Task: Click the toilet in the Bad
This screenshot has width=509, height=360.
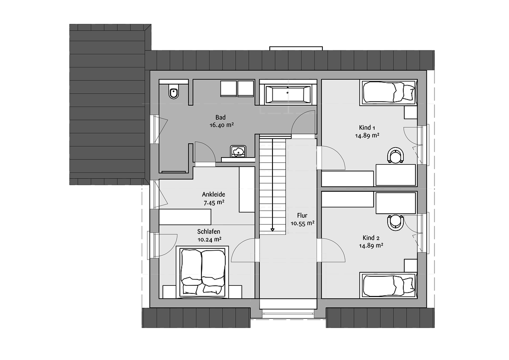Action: point(174,91)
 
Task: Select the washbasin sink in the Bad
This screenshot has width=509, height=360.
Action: point(238,151)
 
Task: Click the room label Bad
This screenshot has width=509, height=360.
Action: point(220,117)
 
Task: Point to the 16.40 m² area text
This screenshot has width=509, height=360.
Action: point(222,125)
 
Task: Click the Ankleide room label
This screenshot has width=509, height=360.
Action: point(214,194)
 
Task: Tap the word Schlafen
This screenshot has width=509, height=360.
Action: point(209,232)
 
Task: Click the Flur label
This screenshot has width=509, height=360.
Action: point(302,216)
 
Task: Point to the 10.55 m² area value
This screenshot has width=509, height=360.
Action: point(302,223)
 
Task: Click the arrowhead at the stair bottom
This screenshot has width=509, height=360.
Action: point(272,229)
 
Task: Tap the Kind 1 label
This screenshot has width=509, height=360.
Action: point(367,128)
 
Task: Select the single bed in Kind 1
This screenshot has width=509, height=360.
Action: point(388,92)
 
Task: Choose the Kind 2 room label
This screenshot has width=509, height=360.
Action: point(371,238)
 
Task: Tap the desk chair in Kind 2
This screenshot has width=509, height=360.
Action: point(396,223)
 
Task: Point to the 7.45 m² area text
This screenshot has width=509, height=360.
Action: point(214,203)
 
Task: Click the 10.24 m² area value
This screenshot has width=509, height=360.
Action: point(210,240)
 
